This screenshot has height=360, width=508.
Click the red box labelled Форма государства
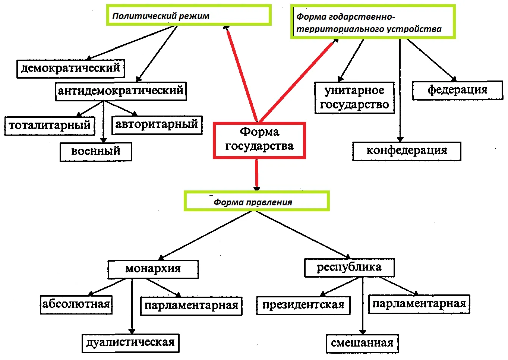(259, 140)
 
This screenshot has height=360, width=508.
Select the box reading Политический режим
(189, 15)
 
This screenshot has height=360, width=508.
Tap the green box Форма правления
(256, 201)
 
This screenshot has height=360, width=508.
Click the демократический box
(70, 69)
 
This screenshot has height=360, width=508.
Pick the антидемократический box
(121, 91)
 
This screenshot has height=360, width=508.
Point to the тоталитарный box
(50, 126)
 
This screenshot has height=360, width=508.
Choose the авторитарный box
(157, 125)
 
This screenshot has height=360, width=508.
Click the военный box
(96, 152)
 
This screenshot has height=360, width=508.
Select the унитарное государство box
(354, 98)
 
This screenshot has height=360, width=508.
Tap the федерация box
(458, 90)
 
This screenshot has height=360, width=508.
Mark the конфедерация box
(407, 151)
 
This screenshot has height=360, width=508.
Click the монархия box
(153, 269)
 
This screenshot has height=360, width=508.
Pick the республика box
(350, 268)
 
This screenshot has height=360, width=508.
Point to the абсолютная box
(76, 305)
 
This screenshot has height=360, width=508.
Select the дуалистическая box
(130, 343)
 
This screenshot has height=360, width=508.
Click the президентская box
(303, 305)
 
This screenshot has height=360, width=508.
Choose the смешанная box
(362, 344)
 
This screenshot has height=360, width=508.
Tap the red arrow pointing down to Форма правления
(256, 175)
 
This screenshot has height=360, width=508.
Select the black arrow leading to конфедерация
(400, 90)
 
